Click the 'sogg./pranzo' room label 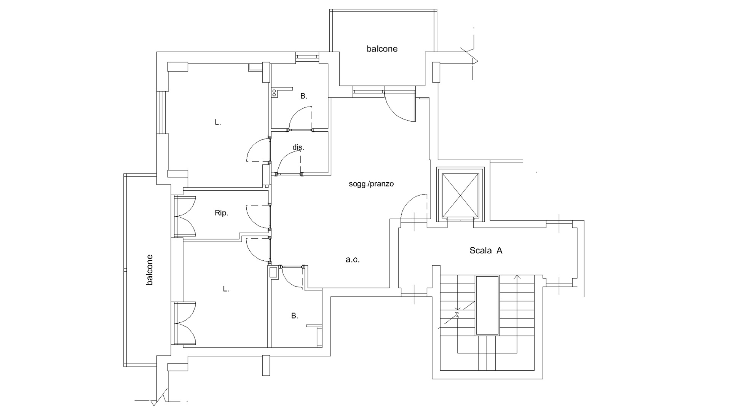click(371, 184)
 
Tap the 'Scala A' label click(486, 250)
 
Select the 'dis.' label click(298, 147)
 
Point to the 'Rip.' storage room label click(221, 213)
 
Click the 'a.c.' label click(353, 260)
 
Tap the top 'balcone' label click(382, 49)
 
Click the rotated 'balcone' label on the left click(150, 269)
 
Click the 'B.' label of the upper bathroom click(303, 96)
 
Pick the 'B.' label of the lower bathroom click(294, 316)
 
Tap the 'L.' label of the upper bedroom click(218, 123)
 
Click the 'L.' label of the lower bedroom click(226, 289)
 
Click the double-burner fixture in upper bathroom click(274, 92)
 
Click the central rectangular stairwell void click(487, 306)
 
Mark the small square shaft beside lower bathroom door click(273, 272)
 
